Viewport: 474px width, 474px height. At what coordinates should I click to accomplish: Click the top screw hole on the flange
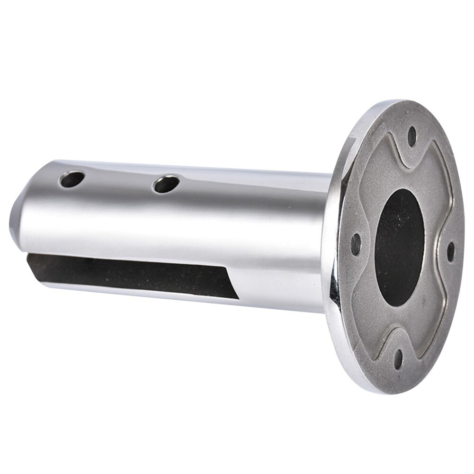412,136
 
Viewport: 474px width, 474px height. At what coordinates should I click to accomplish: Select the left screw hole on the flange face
356,244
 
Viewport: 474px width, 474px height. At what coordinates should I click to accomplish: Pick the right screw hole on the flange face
450,250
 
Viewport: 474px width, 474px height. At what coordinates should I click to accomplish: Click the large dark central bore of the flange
400,246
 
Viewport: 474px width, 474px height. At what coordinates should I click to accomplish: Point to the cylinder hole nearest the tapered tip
73,179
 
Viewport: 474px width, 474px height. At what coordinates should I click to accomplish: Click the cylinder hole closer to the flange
166,184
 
